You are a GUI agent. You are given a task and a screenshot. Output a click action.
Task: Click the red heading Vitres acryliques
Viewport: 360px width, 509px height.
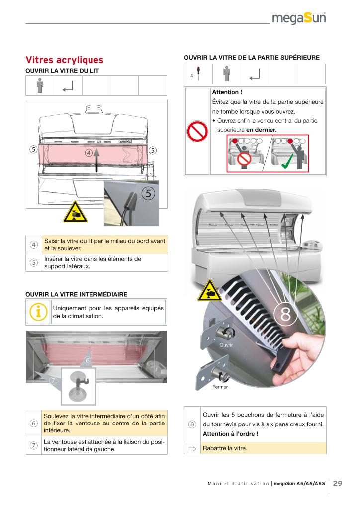65,61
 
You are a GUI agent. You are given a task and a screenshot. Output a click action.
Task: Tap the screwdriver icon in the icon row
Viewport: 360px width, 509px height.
198,73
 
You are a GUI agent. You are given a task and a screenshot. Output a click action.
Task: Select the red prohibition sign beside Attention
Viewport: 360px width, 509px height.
197,132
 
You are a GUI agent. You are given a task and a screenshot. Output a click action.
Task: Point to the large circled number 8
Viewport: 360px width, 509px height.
285,315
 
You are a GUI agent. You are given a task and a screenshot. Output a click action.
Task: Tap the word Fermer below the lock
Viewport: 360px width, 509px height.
220,387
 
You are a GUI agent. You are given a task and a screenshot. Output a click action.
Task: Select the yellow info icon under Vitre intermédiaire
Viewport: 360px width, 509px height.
39,312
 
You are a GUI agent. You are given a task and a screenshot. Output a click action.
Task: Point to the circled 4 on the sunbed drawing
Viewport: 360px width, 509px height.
89,153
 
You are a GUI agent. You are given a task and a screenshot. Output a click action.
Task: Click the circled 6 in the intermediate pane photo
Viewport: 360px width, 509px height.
87,360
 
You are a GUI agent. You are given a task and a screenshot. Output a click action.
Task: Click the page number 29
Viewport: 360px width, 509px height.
338,483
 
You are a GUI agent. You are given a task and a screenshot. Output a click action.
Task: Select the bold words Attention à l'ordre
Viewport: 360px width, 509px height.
230,434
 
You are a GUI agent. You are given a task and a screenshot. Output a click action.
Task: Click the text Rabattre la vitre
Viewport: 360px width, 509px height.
225,448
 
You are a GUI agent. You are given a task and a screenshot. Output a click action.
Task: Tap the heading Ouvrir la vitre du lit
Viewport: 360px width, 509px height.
62,71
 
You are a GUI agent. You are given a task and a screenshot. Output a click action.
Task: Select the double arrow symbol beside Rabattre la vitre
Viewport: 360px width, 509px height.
192,448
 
